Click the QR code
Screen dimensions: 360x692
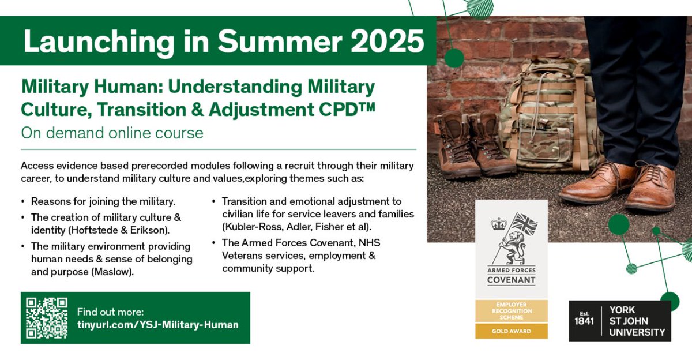point(47,318)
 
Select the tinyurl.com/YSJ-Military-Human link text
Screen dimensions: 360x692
point(157,325)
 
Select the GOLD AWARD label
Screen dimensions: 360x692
point(511,331)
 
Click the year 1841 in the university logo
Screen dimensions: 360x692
point(584,321)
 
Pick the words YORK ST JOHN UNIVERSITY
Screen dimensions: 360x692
point(637,321)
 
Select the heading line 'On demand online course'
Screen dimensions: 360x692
point(112,133)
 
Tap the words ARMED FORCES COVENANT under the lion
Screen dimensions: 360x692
point(511,275)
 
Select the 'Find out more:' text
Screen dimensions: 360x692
point(110,312)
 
